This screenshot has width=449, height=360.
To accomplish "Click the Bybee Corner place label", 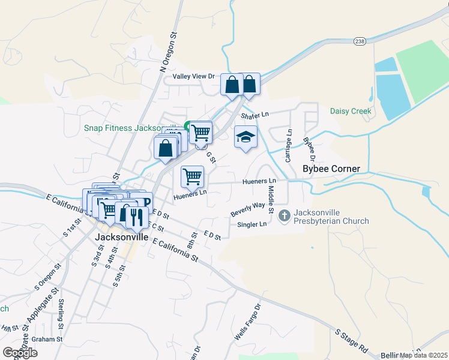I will point(331,169).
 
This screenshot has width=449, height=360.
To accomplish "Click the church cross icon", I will point(285,214).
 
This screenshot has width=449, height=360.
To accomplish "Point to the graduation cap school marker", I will point(245,138).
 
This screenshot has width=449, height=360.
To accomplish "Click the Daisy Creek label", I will point(351,111).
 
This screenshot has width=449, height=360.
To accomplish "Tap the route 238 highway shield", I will point(360,41).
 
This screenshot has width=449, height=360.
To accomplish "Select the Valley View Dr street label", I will point(193,76).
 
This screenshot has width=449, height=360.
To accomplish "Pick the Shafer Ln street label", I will point(255,115).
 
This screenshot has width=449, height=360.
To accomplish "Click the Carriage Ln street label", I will point(289,146).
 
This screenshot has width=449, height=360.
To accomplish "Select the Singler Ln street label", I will point(253,224).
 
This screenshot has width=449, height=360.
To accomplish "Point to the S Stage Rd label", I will point(351,340).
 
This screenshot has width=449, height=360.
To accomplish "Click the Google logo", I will point(20,352).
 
